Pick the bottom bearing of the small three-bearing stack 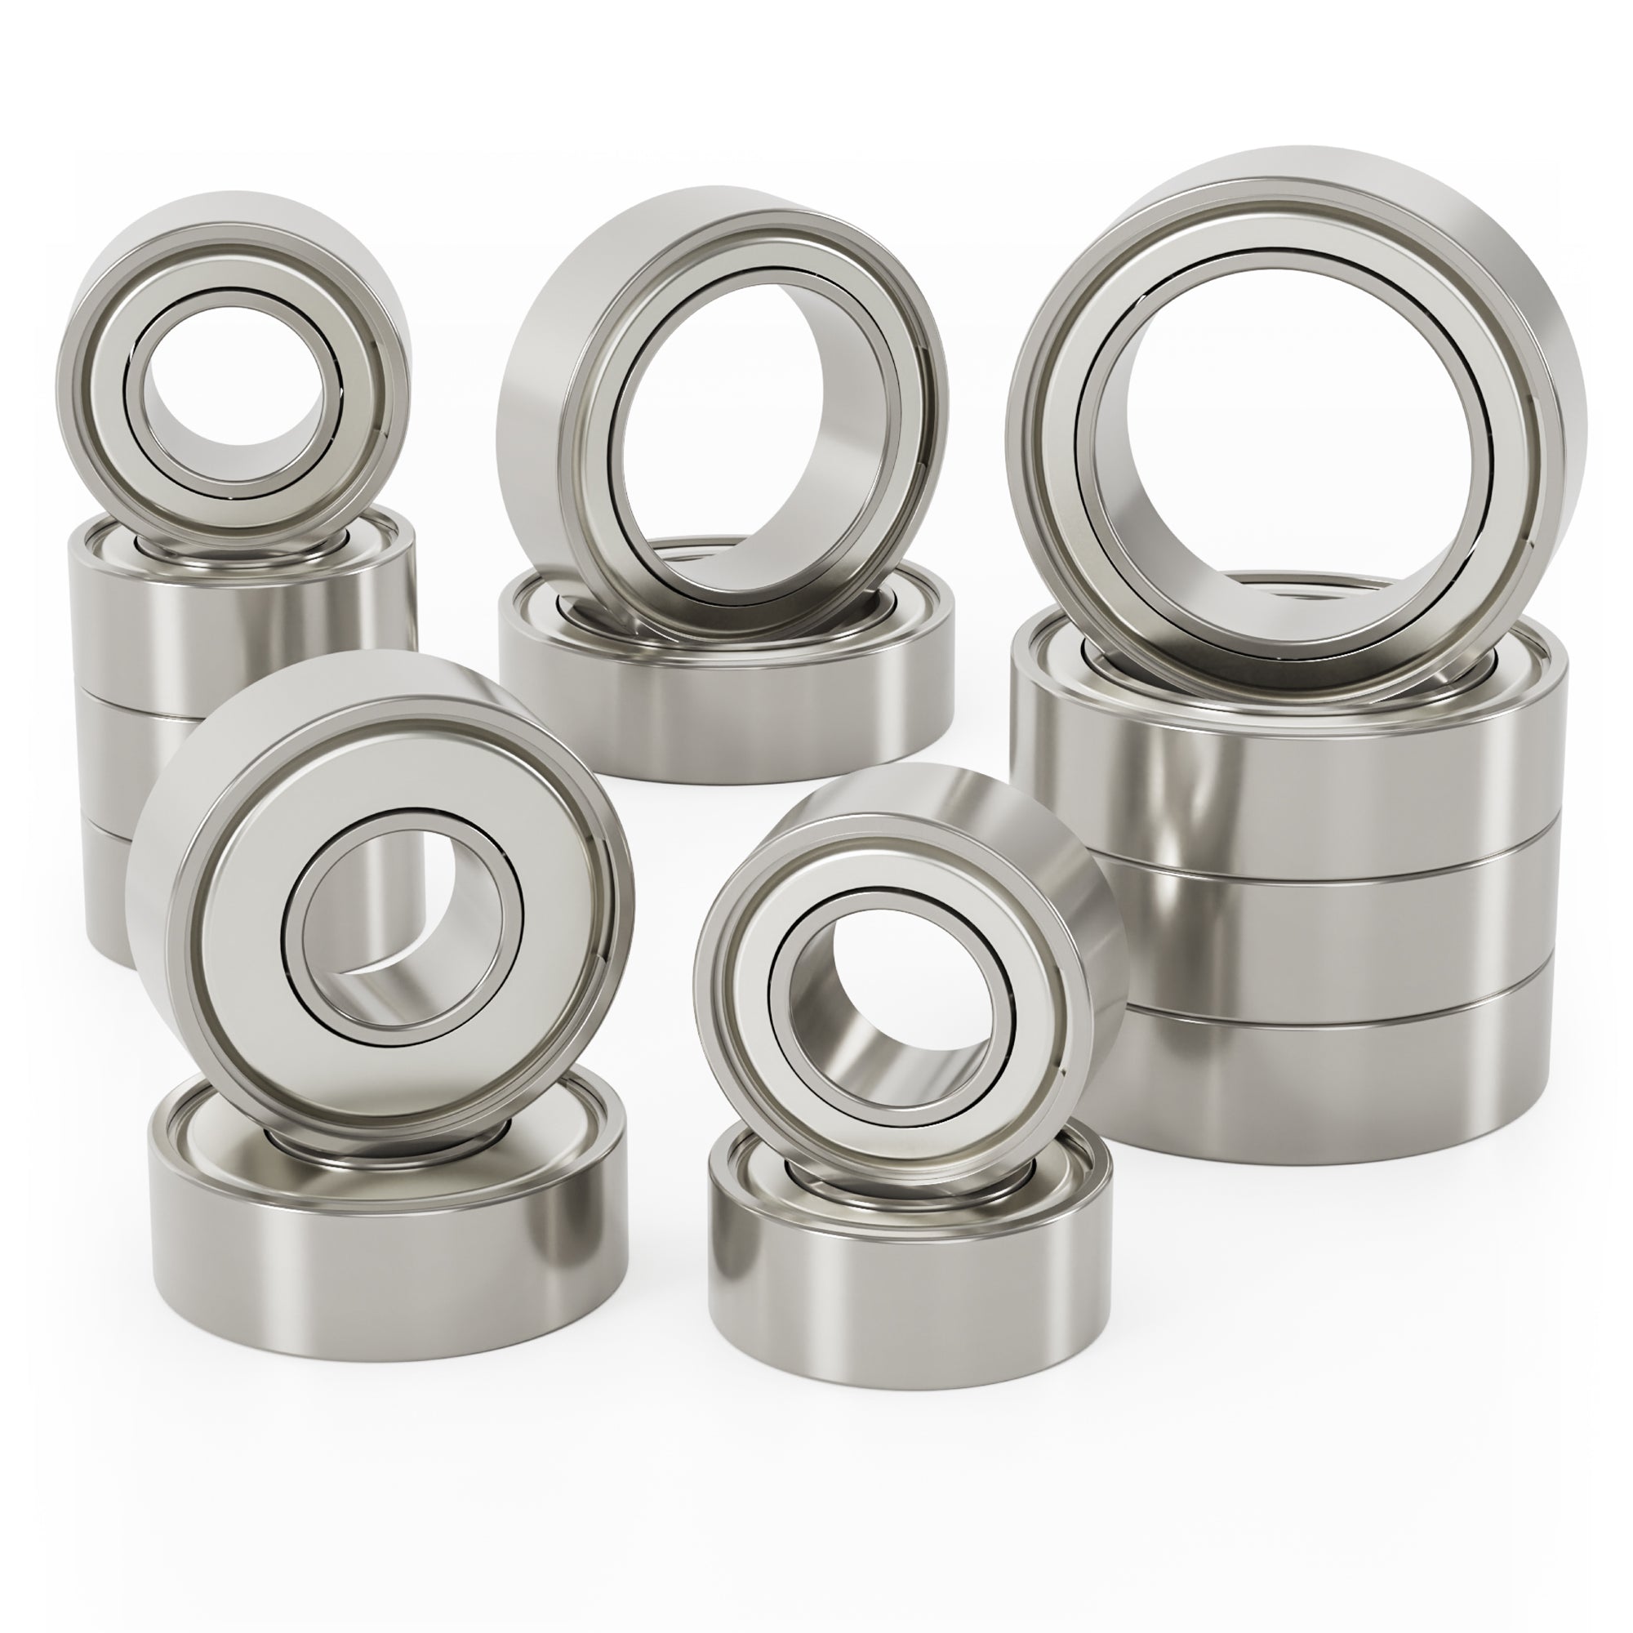click(x=110, y=888)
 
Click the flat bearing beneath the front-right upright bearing click(x=905, y=1319)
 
